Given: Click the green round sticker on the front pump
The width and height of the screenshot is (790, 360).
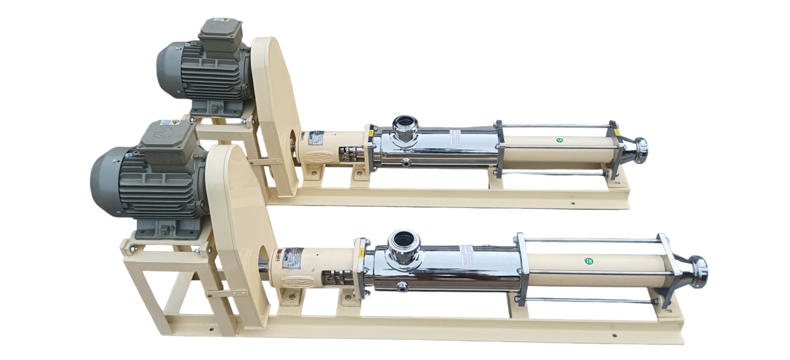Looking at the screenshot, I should (588, 261).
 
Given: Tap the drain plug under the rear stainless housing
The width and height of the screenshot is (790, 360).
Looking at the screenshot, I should (406, 161).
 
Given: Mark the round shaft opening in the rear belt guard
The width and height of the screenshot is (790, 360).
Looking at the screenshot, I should (293, 140).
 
